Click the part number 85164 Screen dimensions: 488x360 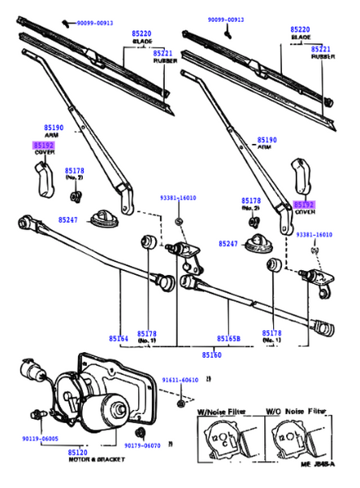point(119,337)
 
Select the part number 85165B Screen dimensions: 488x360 point(229,337)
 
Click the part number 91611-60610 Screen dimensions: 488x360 point(179,379)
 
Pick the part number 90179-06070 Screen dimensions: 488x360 point(144,445)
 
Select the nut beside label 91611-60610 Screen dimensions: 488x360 point(180,401)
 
